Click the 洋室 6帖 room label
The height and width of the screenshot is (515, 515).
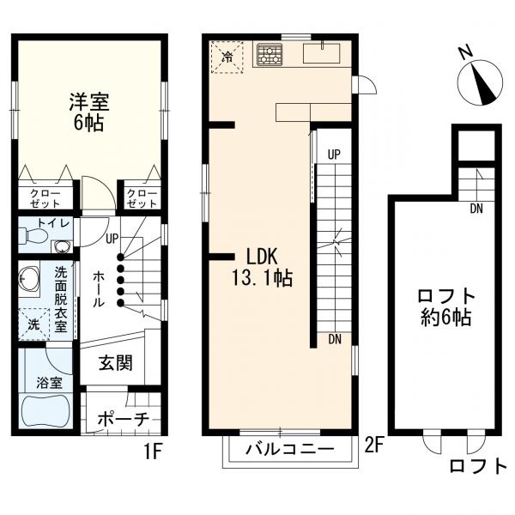(x=89, y=112)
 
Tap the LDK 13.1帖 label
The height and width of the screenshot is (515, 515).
(x=262, y=267)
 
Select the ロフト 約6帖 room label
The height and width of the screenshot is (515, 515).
(x=446, y=307)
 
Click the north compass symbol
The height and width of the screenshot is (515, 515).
(x=480, y=82)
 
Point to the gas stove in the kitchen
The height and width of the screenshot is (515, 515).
(x=270, y=53)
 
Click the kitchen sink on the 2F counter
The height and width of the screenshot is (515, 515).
(x=322, y=53)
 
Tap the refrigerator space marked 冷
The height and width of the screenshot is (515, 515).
(x=227, y=58)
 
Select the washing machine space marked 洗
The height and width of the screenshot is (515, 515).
(x=33, y=324)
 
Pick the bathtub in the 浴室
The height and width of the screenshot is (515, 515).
(x=45, y=411)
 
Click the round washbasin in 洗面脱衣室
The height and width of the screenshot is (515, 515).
(x=28, y=278)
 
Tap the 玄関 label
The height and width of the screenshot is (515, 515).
(x=116, y=363)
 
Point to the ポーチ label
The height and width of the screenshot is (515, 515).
(x=124, y=419)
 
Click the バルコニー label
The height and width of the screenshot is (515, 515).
(x=290, y=449)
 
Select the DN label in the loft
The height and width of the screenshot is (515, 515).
(x=476, y=209)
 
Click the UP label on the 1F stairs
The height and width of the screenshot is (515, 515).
(x=112, y=239)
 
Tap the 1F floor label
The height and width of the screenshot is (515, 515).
(x=153, y=452)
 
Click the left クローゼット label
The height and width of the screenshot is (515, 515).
(x=45, y=199)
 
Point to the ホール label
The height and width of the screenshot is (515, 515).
(x=99, y=290)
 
